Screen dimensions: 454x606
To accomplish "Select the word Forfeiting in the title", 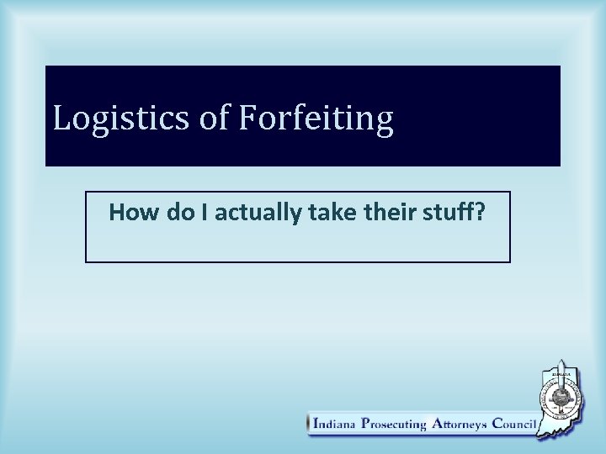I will pyautogui.click(x=316, y=119).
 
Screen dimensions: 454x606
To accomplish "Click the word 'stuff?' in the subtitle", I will pyautogui.click(x=453, y=213).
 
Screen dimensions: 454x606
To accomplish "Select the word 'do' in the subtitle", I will pyautogui.click(x=181, y=213).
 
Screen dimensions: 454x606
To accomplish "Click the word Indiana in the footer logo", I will pyautogui.click(x=334, y=424).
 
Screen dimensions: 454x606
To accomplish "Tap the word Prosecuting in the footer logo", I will pyautogui.click(x=393, y=425).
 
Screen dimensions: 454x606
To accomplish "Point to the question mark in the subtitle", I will pyautogui.click(x=480, y=213).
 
